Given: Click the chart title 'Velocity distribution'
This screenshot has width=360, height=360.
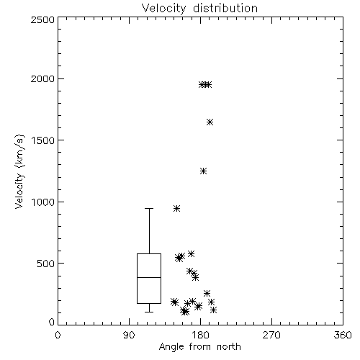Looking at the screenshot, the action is (199, 8).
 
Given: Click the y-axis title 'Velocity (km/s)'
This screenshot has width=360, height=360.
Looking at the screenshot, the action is (19, 171).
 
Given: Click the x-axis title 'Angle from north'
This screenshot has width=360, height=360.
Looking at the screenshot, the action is (199, 346).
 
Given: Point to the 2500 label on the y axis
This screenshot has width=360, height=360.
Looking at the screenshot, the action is (43, 19).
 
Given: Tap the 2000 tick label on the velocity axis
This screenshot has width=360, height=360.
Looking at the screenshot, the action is (43, 78).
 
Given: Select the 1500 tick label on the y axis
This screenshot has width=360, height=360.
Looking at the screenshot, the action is (43, 140).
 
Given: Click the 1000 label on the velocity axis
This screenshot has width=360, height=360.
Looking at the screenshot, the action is (43, 202).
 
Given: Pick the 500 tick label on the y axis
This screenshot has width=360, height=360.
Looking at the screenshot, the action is (46, 264).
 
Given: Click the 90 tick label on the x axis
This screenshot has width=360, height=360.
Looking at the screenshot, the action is (130, 335).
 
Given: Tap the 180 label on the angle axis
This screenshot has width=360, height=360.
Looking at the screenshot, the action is (201, 335).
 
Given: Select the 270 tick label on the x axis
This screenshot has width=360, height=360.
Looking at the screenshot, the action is (271, 335).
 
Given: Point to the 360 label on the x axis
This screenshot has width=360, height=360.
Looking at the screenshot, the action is (343, 335).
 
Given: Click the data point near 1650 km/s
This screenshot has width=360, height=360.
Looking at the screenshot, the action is (210, 122).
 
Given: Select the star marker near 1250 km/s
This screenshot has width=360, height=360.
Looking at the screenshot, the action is (204, 171).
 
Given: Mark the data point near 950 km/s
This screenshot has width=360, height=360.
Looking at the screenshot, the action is (177, 208).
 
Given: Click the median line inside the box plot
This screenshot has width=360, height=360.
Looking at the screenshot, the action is (149, 277).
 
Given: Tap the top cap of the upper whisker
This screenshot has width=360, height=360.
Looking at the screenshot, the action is (149, 208).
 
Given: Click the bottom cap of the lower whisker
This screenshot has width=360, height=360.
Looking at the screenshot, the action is (149, 312).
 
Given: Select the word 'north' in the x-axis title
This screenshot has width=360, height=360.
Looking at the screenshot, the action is (229, 346).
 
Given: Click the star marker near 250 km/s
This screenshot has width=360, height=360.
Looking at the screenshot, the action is (207, 293).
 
